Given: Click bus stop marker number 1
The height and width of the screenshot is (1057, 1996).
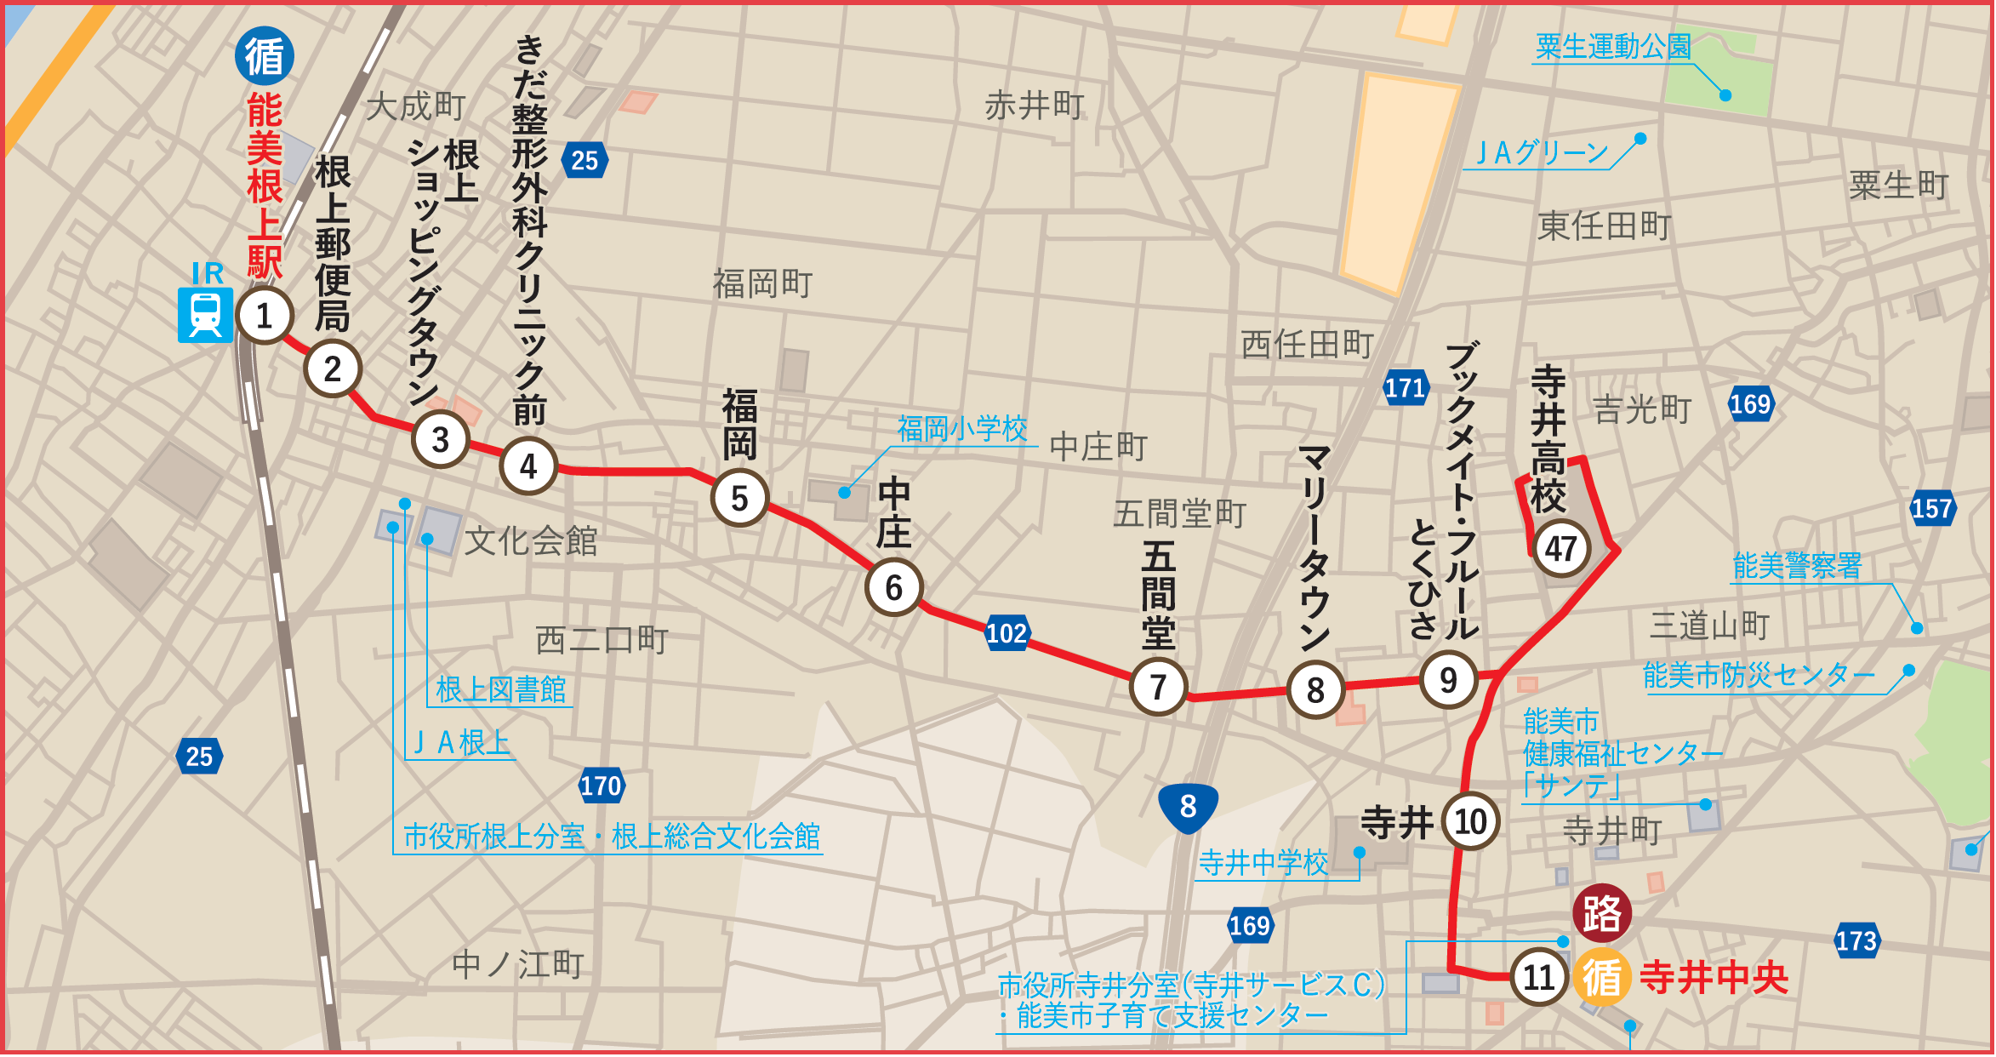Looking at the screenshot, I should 265,316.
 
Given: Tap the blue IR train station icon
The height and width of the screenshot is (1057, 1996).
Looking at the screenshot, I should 205,315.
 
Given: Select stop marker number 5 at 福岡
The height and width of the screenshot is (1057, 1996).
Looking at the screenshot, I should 739,499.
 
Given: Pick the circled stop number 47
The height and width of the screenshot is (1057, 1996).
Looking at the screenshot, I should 1560,549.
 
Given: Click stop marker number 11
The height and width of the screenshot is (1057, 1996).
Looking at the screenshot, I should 1538,977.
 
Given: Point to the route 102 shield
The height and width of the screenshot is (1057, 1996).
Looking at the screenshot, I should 1007,633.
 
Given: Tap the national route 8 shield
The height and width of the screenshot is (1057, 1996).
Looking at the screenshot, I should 1188,806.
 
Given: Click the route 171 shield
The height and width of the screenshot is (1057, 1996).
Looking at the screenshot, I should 1405,388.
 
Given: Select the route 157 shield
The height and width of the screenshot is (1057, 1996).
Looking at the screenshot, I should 1931,509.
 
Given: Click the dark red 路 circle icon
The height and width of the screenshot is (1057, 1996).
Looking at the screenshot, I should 1602,914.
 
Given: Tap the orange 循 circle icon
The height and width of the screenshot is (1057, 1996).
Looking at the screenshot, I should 1601,977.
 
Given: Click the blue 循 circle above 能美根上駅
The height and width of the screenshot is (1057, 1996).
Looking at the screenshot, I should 265,56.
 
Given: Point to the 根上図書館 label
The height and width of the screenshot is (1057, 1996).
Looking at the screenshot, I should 500,689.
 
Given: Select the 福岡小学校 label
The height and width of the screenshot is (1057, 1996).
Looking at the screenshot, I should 962,428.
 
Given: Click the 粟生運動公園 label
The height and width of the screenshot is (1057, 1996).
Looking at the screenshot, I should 1613,47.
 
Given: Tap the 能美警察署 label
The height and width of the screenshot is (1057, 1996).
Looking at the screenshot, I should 1797,565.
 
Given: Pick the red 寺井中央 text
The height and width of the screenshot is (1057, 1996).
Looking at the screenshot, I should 1714,977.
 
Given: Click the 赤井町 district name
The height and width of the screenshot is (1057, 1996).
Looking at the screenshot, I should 1035,106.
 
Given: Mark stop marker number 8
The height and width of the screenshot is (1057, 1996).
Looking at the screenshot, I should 1315,689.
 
